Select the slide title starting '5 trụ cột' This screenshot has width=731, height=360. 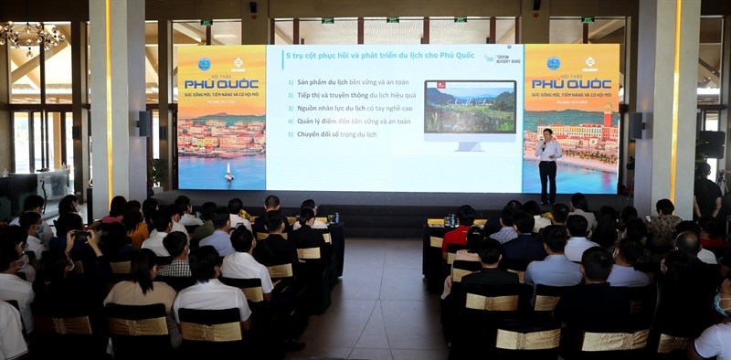pyautogui.click(x=365, y=57)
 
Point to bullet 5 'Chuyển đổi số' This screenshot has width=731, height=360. pyautogui.click(x=334, y=133)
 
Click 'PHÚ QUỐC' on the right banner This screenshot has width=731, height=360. pyautogui.click(x=571, y=84)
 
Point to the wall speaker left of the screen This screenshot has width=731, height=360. pyautogui.click(x=144, y=123)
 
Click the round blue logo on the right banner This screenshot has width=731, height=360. pyautogui.click(x=553, y=63)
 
